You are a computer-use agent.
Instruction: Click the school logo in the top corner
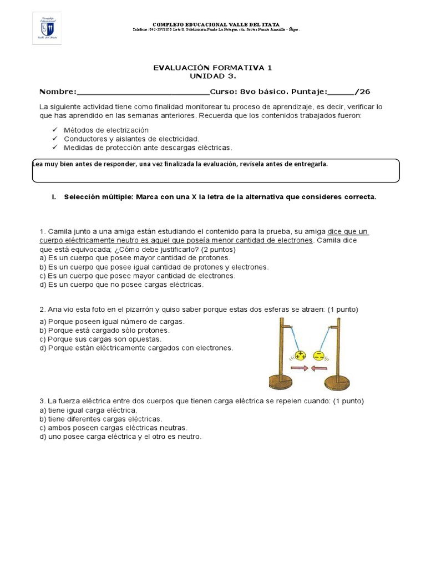pos(47,28)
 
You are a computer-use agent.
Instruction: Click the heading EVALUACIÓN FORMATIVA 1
pos(212,68)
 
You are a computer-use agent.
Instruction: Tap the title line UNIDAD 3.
pos(212,76)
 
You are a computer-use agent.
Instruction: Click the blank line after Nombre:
pos(143,92)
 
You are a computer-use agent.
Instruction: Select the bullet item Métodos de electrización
pos(106,130)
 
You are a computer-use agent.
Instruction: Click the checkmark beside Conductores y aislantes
pos(54,139)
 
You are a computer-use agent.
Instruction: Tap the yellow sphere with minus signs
pos(319,355)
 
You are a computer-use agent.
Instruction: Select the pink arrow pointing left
pos(320,368)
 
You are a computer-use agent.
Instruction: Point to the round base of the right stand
pos(336,382)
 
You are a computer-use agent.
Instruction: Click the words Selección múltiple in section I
pos(96,197)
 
